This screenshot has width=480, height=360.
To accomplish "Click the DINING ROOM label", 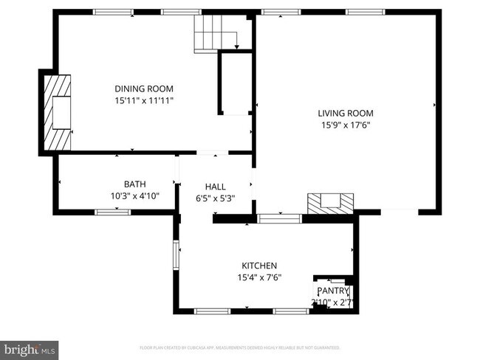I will [x=144, y=89].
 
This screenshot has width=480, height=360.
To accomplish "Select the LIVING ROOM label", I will [x=346, y=114].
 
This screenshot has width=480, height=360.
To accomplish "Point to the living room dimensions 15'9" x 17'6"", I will [x=346, y=125].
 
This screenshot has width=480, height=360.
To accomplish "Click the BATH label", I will [x=134, y=184].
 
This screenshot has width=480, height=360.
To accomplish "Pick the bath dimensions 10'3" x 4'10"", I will [x=134, y=195].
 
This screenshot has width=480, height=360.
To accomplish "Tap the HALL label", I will [x=216, y=187].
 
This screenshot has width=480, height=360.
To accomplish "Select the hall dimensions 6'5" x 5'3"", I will [x=216, y=198].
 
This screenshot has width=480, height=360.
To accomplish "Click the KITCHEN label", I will [x=259, y=266].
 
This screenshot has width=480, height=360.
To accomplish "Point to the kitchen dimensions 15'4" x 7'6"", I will [x=259, y=277].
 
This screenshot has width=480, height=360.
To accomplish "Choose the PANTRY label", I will [x=333, y=291].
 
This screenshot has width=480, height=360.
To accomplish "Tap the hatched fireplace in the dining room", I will [x=58, y=111].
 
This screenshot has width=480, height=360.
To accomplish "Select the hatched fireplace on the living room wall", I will [x=331, y=201].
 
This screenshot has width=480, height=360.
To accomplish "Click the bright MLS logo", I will [x=30, y=347].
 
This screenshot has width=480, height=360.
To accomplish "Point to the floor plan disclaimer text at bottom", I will [x=240, y=347].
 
